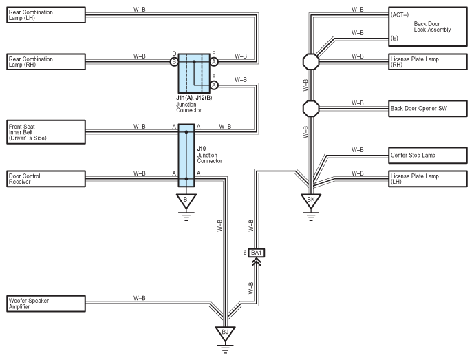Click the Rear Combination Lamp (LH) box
click(46, 15)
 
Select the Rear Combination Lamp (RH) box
click(46, 62)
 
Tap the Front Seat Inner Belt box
click(46, 132)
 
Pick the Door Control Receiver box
click(46, 179)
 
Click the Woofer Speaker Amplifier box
click(46, 304)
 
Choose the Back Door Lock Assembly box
click(428, 27)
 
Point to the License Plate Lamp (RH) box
click(428, 62)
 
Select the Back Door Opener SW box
click(428, 109)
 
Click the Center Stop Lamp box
click(428, 155)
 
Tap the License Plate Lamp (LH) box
click(428, 179)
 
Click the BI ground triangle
click(186, 201)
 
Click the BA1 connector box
click(257, 253)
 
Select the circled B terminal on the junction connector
click(174, 62)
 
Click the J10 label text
click(202, 149)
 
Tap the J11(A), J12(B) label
click(194, 98)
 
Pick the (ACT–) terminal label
click(399, 15)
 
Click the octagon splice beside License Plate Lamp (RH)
click(311, 62)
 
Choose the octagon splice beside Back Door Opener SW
click(311, 109)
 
